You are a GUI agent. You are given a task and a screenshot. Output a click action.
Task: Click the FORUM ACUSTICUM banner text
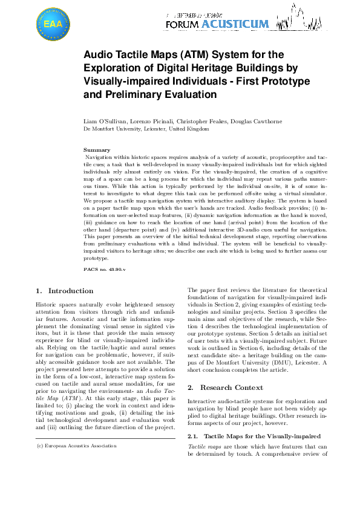pyautogui.click(x=216, y=24)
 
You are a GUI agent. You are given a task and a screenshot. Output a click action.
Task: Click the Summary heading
pyautogui.click(x=96, y=149)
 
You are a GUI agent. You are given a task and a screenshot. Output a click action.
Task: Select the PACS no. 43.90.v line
pyautogui.click(x=103, y=268)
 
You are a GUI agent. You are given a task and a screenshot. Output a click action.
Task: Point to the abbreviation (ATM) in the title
pyautogui.click(x=185, y=55)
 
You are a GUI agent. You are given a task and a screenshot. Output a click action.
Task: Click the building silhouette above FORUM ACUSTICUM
pyautogui.click(x=303, y=14)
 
